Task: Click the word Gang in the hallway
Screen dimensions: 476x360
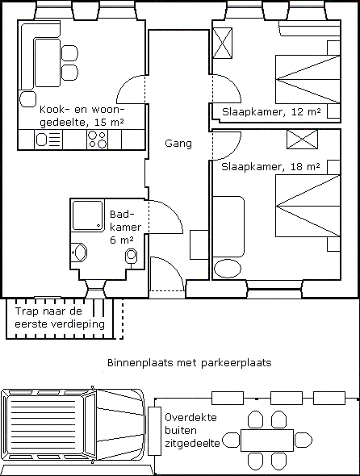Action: pyautogui.click(x=178, y=144)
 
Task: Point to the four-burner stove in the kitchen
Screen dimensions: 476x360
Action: pyautogui.click(x=97, y=140)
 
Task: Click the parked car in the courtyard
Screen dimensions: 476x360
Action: pyautogui.click(x=73, y=425)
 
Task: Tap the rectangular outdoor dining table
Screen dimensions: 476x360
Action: pyautogui.click(x=266, y=441)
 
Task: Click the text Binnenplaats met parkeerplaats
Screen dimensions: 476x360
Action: pyautogui.click(x=188, y=363)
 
